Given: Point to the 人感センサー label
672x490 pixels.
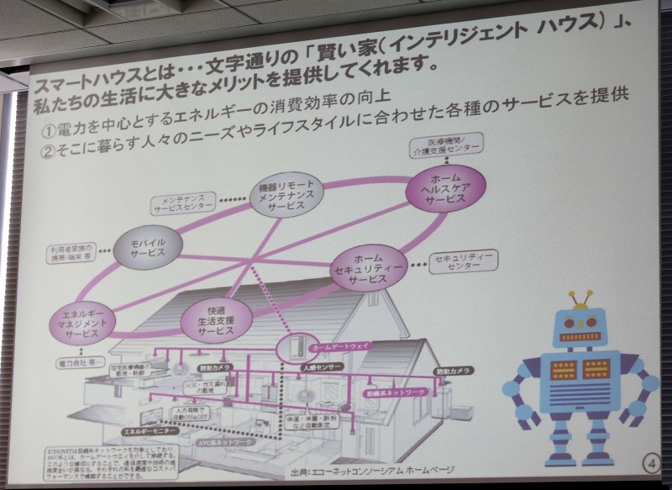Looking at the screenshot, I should tap(320, 367).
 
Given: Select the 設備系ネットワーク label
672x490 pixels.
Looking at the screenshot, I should tap(394, 391).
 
